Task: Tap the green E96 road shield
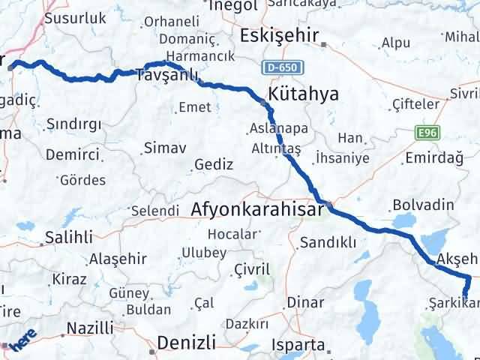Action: (427, 133)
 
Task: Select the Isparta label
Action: (298, 346)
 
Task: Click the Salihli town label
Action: (69, 237)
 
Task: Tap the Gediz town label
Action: (213, 164)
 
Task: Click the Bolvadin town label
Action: (423, 205)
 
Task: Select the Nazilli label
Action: (90, 328)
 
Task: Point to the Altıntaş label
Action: (277, 149)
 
